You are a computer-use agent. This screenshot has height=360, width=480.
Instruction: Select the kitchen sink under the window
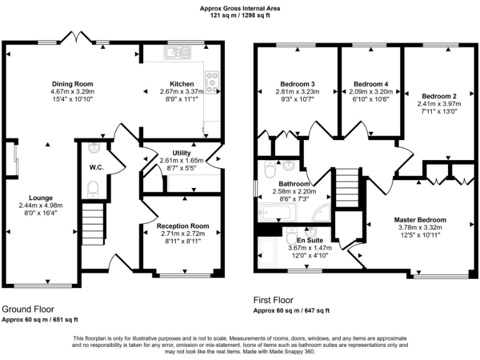pos(178,54)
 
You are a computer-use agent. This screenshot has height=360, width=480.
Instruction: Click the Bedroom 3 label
pos(297,84)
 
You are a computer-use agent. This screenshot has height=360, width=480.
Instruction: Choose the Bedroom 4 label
pos(371,84)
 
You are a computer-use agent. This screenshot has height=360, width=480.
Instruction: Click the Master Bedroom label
pos(419,220)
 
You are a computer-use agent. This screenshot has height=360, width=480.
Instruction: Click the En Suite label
pos(309,240)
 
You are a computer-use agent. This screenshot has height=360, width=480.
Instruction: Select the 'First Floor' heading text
pos(272,300)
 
